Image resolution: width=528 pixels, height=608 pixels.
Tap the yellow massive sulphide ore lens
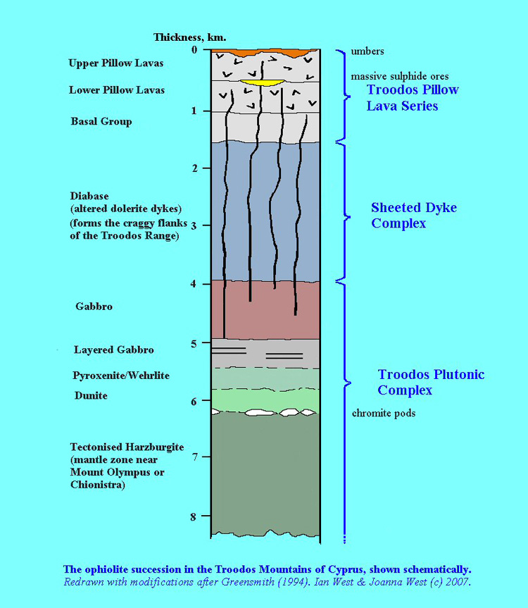[262, 83]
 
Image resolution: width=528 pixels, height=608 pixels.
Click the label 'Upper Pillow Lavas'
[116, 63]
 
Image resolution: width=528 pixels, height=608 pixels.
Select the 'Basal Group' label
[101, 122]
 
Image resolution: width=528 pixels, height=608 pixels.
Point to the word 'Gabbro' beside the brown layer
[94, 307]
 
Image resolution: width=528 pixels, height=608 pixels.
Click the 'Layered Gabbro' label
[114, 350]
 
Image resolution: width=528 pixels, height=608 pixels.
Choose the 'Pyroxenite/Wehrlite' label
[120, 376]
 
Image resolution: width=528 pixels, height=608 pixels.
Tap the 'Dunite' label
[91, 396]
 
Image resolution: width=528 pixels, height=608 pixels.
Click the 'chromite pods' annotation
[384, 413]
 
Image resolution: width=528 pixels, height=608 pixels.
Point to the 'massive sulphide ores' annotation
[400, 76]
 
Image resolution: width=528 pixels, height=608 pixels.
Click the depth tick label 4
[202, 284]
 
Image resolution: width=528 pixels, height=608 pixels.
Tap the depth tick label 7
[202, 457]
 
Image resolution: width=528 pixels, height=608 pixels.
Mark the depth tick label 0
[203, 49]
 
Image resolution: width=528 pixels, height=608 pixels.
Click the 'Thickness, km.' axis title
[190, 37]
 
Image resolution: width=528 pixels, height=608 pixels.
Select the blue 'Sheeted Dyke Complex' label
[414, 216]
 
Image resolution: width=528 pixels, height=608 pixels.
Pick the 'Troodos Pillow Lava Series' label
[413, 98]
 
